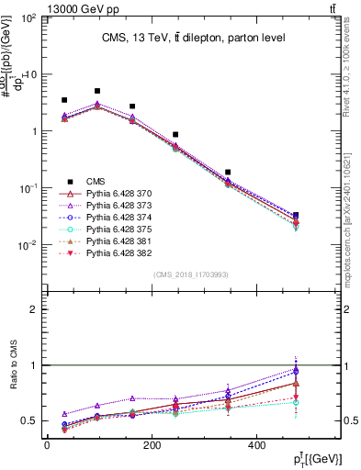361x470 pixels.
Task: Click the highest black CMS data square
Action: click(x=97, y=91)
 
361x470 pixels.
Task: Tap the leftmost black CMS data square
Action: click(x=64, y=100)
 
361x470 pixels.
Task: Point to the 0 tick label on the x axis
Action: click(x=47, y=445)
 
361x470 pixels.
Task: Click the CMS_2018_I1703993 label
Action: click(x=191, y=274)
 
